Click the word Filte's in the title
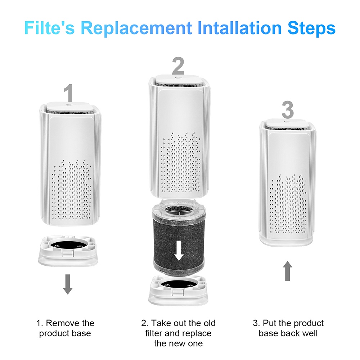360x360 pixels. (x=50, y=28)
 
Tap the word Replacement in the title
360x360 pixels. (x=136, y=28)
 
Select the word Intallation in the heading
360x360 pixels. (x=239, y=28)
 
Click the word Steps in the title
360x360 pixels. (x=311, y=28)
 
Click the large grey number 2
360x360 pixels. (x=178, y=66)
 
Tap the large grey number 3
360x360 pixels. (x=288, y=109)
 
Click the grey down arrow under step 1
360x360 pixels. (x=68, y=284)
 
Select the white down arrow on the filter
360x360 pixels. (x=179, y=251)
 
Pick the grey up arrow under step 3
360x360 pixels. (x=287, y=271)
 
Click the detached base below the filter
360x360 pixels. (x=178, y=291)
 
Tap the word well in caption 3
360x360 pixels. (x=310, y=333)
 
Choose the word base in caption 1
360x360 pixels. (x=81, y=333)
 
